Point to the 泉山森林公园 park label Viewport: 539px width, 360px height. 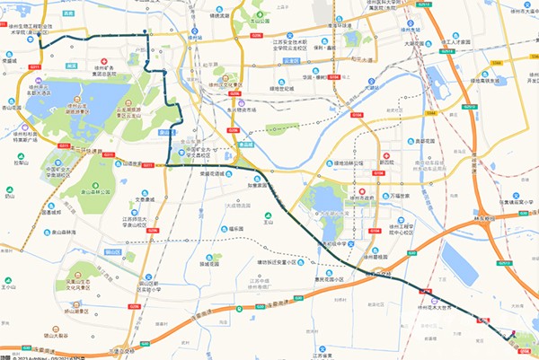pos(98,191)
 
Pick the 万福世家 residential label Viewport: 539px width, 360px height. pos(400,196)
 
